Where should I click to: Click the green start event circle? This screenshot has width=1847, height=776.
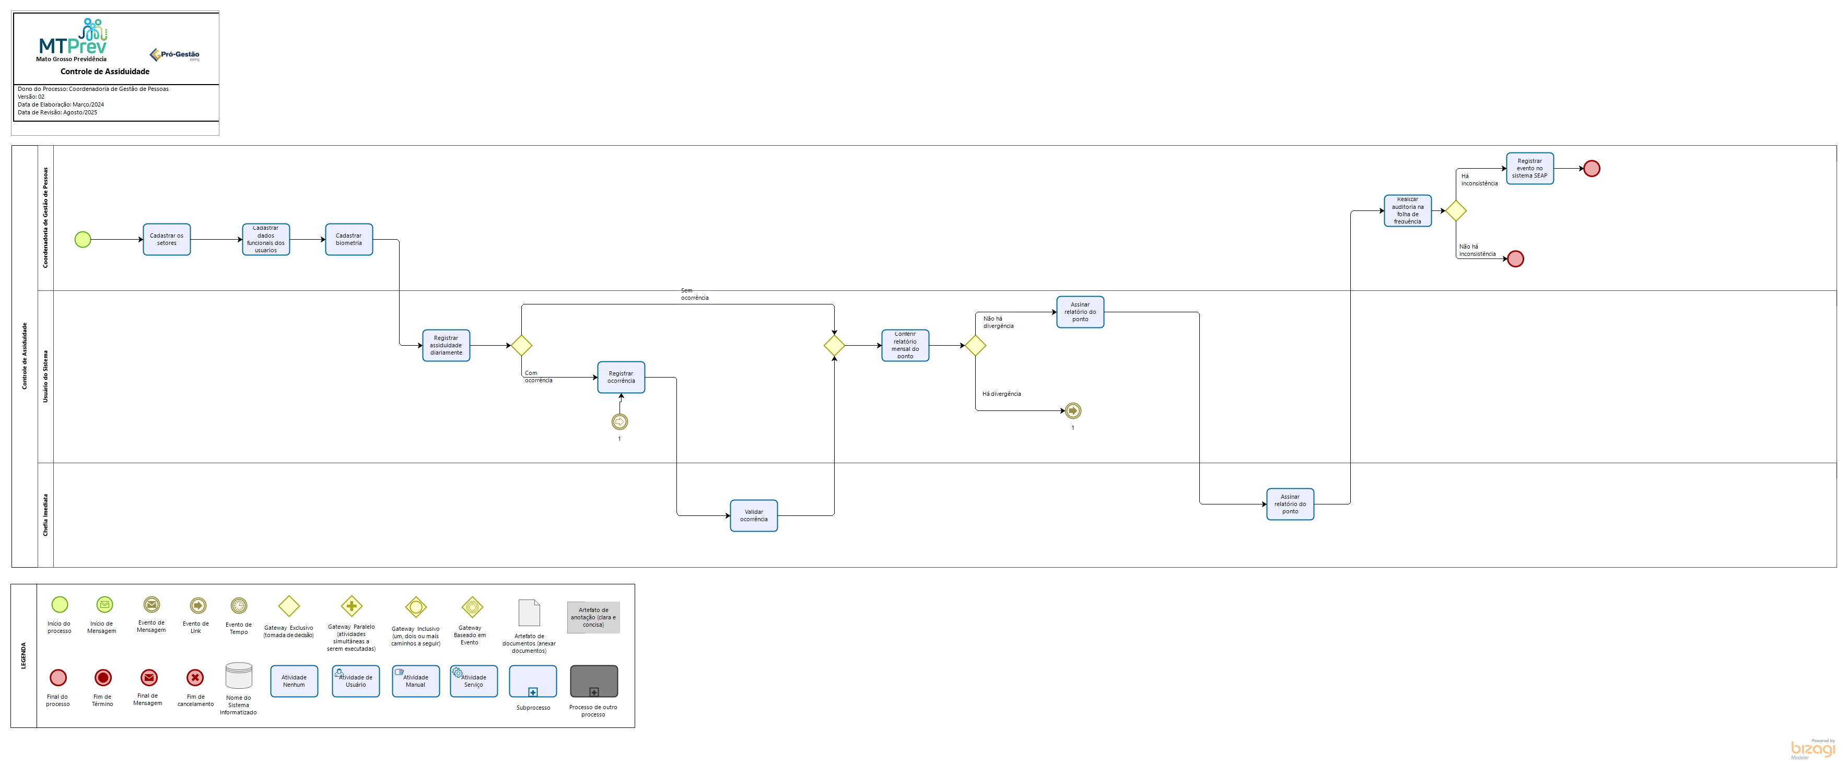click(83, 239)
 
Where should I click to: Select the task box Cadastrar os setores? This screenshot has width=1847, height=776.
click(166, 239)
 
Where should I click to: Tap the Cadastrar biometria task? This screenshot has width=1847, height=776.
click(348, 239)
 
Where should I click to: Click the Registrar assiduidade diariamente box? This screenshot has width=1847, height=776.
click(446, 345)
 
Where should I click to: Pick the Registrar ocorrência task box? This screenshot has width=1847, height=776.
click(621, 377)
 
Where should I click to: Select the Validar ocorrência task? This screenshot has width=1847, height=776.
click(754, 515)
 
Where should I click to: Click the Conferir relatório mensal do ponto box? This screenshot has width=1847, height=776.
click(905, 345)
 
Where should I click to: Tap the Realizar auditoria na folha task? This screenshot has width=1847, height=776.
click(1408, 210)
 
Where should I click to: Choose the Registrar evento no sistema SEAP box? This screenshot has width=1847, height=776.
click(1529, 168)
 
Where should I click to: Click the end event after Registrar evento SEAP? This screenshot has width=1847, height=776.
click(1592, 168)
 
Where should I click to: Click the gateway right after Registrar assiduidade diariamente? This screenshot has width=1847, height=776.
click(521, 345)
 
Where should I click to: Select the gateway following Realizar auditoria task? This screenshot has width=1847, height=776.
click(1456, 210)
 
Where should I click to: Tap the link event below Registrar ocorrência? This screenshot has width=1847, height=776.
click(619, 422)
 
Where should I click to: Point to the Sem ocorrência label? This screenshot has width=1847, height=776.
click(694, 294)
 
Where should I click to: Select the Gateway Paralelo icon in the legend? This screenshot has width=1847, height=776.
click(352, 606)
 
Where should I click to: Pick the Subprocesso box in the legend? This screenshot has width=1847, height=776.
click(533, 681)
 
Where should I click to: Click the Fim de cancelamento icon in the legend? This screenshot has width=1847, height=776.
click(195, 677)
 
